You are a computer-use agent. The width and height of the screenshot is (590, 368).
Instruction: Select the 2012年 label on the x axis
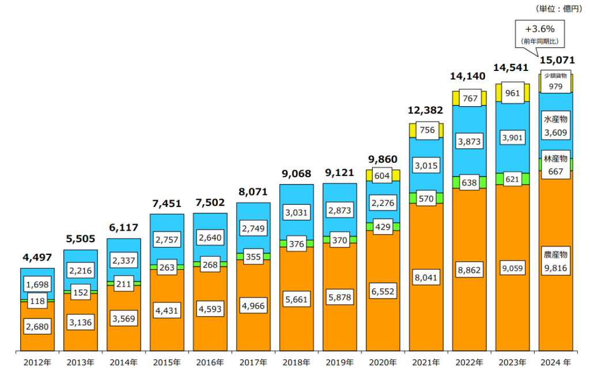coord(37,362)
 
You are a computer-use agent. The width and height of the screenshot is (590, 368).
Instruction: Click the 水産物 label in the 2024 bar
coord(555,119)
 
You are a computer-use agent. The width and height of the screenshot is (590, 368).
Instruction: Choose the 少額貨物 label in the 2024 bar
coord(555,76)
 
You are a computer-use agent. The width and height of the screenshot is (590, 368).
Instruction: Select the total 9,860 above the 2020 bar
coord(383,159)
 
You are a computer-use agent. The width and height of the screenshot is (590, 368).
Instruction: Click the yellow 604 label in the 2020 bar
coord(383,175)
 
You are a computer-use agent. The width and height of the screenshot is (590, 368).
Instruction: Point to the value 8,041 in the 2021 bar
coord(426,277)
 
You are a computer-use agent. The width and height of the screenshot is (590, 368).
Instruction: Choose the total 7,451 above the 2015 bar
coord(167,204)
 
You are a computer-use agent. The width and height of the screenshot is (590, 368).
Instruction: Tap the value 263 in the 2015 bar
coord(167,267)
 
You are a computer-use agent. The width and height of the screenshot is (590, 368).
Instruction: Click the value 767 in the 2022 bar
coord(469,98)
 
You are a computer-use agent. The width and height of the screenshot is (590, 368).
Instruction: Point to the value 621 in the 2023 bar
coord(512,179)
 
